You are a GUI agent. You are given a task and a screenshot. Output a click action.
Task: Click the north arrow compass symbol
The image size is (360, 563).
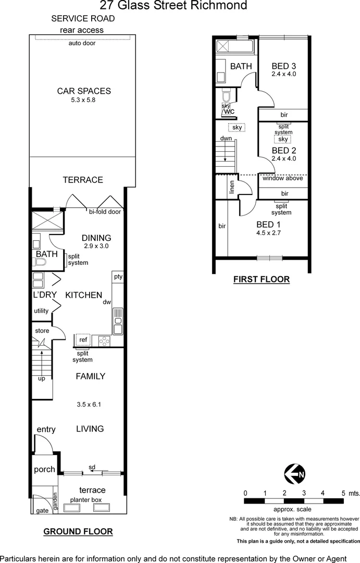(x=295, y=474)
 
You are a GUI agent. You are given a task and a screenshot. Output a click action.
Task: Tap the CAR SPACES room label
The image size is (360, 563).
(x=84, y=91)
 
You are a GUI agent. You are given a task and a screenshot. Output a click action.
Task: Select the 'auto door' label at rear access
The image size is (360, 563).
(x=82, y=43)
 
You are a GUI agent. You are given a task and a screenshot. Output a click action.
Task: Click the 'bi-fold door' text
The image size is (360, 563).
(x=105, y=212)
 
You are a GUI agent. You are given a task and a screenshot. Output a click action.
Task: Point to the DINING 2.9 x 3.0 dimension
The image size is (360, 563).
(x=96, y=246)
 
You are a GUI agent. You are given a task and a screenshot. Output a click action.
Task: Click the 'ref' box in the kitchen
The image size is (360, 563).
(x=82, y=340)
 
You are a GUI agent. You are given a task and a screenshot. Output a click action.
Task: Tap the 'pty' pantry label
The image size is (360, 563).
(x=118, y=277)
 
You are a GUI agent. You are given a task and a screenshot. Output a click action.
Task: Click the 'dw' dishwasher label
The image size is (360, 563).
(x=107, y=302)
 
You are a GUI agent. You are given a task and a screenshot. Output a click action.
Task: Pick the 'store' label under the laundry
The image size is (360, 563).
(x=42, y=331)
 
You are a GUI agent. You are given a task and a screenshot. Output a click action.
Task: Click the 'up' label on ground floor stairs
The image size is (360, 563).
(x=41, y=378)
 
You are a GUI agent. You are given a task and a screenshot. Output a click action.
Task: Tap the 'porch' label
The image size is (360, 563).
(x=44, y=469)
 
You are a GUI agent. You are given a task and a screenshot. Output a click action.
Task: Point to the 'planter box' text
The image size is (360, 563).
(x=86, y=499)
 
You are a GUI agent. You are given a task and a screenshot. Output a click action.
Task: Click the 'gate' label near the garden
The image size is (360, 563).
(x=42, y=510)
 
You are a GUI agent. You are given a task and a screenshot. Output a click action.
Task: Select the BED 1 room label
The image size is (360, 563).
(x=268, y=225)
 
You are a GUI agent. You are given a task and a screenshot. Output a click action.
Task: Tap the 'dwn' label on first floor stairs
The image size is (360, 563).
(x=226, y=139)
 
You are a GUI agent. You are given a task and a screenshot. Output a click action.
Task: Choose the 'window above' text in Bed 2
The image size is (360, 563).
(x=282, y=178)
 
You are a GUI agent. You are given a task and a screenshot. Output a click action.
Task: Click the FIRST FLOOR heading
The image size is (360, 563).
(x=261, y=279)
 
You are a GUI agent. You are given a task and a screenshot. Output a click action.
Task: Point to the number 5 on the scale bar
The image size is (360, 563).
(x=343, y=493)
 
